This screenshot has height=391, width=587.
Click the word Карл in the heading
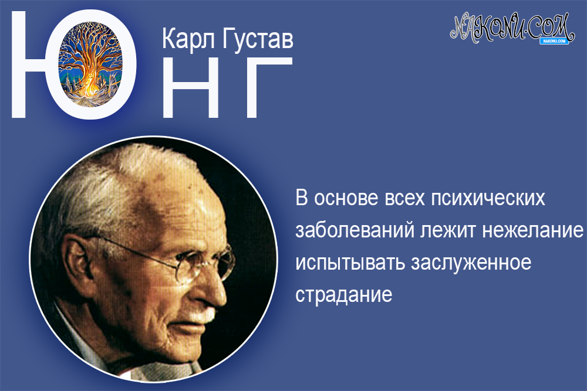[186, 40]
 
